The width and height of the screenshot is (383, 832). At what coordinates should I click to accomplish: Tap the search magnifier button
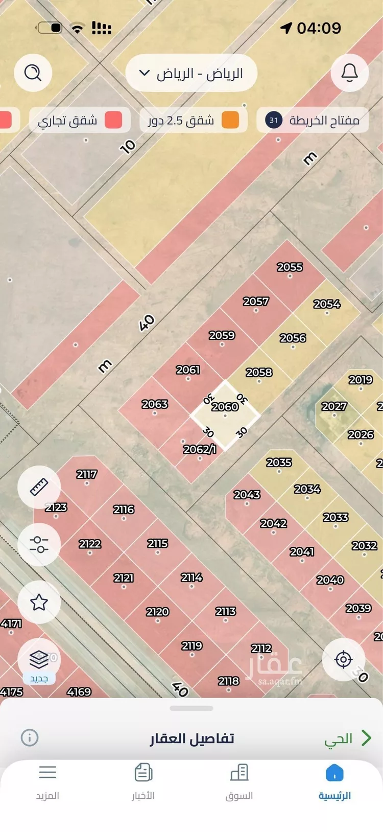pos(33,73)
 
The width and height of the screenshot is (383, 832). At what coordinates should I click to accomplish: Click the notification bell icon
pos(349,73)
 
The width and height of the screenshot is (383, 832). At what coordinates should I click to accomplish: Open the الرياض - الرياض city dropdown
pos(191,73)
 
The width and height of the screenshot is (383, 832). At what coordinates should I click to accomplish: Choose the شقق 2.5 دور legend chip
pos(193,121)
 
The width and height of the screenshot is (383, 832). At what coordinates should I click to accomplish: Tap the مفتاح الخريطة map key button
pos(313,121)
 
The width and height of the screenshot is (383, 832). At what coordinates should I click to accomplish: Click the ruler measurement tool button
pos(39,487)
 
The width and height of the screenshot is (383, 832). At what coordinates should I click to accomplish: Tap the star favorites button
pos(39,602)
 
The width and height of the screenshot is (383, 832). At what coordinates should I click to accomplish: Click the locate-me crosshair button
pos(343,660)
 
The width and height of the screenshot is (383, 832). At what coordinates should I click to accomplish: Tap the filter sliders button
pos(39,544)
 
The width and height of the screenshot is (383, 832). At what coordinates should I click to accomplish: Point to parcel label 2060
pos(225,407)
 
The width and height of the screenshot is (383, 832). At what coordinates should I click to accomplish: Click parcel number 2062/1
pos(200,449)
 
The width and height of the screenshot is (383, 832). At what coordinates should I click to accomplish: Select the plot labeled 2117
pos(87,474)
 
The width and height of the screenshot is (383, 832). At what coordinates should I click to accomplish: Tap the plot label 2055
pos(290,267)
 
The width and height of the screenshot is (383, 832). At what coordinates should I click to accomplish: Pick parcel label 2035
pos(279,463)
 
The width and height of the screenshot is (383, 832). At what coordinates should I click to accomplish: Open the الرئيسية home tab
pos(334,782)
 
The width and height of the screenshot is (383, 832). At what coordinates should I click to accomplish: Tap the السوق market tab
pos(239,782)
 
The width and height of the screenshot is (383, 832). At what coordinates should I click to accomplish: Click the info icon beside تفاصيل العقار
pos(30,737)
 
